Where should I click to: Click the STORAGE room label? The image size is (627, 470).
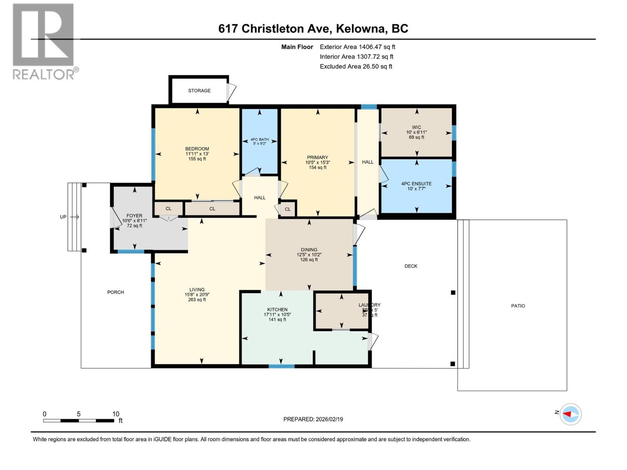pyautogui.click(x=199, y=90)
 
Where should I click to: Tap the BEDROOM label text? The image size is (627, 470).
pyautogui.click(x=197, y=149)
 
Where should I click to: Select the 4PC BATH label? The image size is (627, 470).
pyautogui.click(x=259, y=139)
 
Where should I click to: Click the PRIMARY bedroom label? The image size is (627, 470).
pyautogui.click(x=317, y=157)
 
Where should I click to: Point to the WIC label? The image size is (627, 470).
pyautogui.click(x=416, y=127)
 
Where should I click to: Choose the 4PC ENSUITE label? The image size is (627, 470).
pyautogui.click(x=416, y=184)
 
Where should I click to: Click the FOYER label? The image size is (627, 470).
pyautogui.click(x=134, y=216)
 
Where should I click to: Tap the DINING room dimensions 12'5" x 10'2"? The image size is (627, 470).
pyautogui.click(x=309, y=255)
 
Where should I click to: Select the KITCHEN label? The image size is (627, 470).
pyautogui.click(x=277, y=309)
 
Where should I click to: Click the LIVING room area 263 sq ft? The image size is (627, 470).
pyautogui.click(x=197, y=300)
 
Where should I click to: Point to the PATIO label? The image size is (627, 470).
pyautogui.click(x=518, y=306)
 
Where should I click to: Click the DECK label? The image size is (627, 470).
pyautogui.click(x=411, y=266)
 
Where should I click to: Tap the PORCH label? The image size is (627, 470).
pyautogui.click(x=115, y=292)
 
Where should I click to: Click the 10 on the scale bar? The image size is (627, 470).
pyautogui.click(x=116, y=414)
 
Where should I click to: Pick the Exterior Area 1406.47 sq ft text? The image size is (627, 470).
pyautogui.click(x=357, y=47)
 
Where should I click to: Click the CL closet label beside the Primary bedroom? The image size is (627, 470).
pyautogui.click(x=288, y=209)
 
